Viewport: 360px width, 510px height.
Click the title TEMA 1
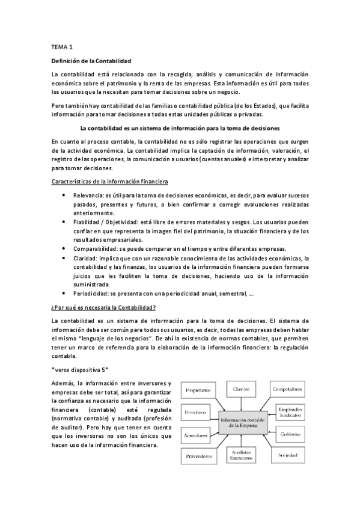(61, 46)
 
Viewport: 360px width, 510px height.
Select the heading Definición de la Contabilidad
(91, 61)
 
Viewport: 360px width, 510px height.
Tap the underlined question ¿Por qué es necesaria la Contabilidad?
(103, 307)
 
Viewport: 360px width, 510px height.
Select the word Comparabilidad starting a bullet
(96, 249)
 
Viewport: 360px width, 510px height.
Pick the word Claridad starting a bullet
(85, 258)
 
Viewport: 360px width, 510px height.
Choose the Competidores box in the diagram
(287, 389)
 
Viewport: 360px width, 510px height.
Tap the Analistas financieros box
(243, 455)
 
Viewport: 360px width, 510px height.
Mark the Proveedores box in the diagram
(198, 456)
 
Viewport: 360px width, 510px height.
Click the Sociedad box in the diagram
(287, 455)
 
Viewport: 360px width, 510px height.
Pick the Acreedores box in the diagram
(197, 434)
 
